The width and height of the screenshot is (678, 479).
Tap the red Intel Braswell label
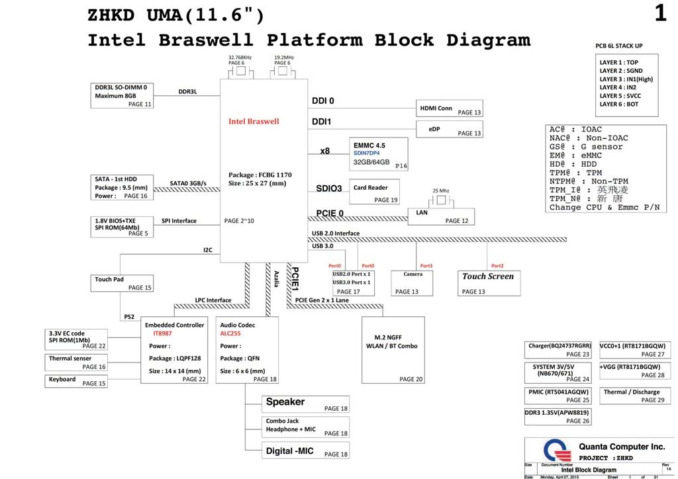pyautogui.click(x=254, y=122)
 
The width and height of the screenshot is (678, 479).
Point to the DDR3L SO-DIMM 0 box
pyautogui.click(x=122, y=95)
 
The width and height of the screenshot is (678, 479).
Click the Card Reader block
pyautogui.click(x=375, y=193)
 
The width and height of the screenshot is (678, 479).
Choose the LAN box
pyautogui.click(x=441, y=216)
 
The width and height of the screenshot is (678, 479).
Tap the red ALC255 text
pyautogui.click(x=230, y=334)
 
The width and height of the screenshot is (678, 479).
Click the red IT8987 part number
pyautogui.click(x=162, y=334)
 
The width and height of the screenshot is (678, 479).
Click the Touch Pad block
pyautogui.click(x=122, y=283)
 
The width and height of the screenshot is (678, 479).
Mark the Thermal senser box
pyautogui.click(x=76, y=362)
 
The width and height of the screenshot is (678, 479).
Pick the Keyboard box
pyautogui.click(x=76, y=380)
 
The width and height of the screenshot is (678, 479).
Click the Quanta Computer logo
pyautogui.click(x=557, y=452)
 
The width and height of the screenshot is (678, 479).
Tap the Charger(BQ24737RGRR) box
pyautogui.click(x=558, y=350)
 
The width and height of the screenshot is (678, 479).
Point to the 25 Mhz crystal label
pyautogui.click(x=441, y=191)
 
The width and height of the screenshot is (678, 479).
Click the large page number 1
pyautogui.click(x=660, y=13)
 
